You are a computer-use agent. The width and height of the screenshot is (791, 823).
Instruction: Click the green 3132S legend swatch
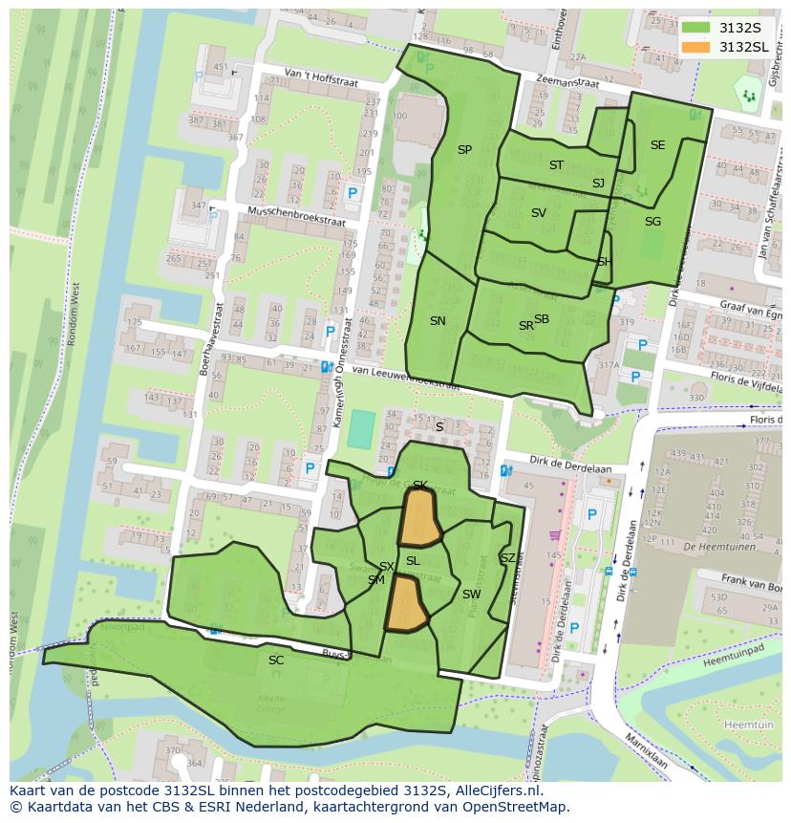click(695, 28)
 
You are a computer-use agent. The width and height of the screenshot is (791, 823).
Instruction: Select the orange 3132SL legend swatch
click(695, 46)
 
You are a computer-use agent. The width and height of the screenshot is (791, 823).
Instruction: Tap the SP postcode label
click(464, 150)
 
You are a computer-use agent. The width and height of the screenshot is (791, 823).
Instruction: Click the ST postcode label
click(556, 165)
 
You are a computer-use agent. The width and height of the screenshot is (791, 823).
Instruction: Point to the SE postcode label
click(657, 145)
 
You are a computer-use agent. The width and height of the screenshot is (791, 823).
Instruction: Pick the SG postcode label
click(652, 222)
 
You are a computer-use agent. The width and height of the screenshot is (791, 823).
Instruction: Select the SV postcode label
click(538, 213)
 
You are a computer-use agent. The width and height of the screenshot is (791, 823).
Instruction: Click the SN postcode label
click(438, 321)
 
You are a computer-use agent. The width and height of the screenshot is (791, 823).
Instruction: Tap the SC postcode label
click(276, 661)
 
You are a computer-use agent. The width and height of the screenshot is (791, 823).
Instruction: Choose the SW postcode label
click(471, 595)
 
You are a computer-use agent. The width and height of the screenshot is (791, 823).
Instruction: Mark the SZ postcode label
click(507, 558)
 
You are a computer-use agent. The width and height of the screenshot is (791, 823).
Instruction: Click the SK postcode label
click(419, 486)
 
